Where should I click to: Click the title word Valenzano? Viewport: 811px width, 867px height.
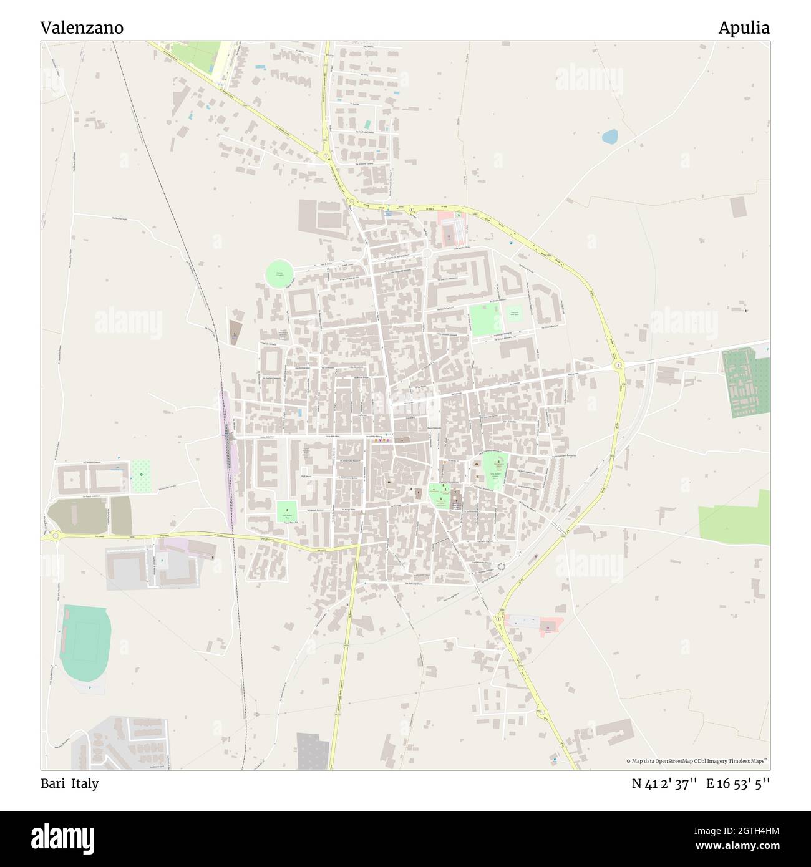coord(82,28)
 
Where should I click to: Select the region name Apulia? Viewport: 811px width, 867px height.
coord(744,28)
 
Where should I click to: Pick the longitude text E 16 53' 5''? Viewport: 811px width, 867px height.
coord(738,783)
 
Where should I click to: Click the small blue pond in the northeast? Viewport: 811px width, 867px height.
coord(609,137)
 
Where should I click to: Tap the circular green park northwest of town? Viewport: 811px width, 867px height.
coord(279,274)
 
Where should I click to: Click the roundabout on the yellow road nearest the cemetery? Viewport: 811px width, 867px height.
coord(618,365)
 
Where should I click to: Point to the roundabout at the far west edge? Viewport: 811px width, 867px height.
coord(55,535)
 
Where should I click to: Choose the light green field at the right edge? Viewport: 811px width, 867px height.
coord(734,516)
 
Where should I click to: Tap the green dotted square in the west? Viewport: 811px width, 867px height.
coord(142,475)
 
